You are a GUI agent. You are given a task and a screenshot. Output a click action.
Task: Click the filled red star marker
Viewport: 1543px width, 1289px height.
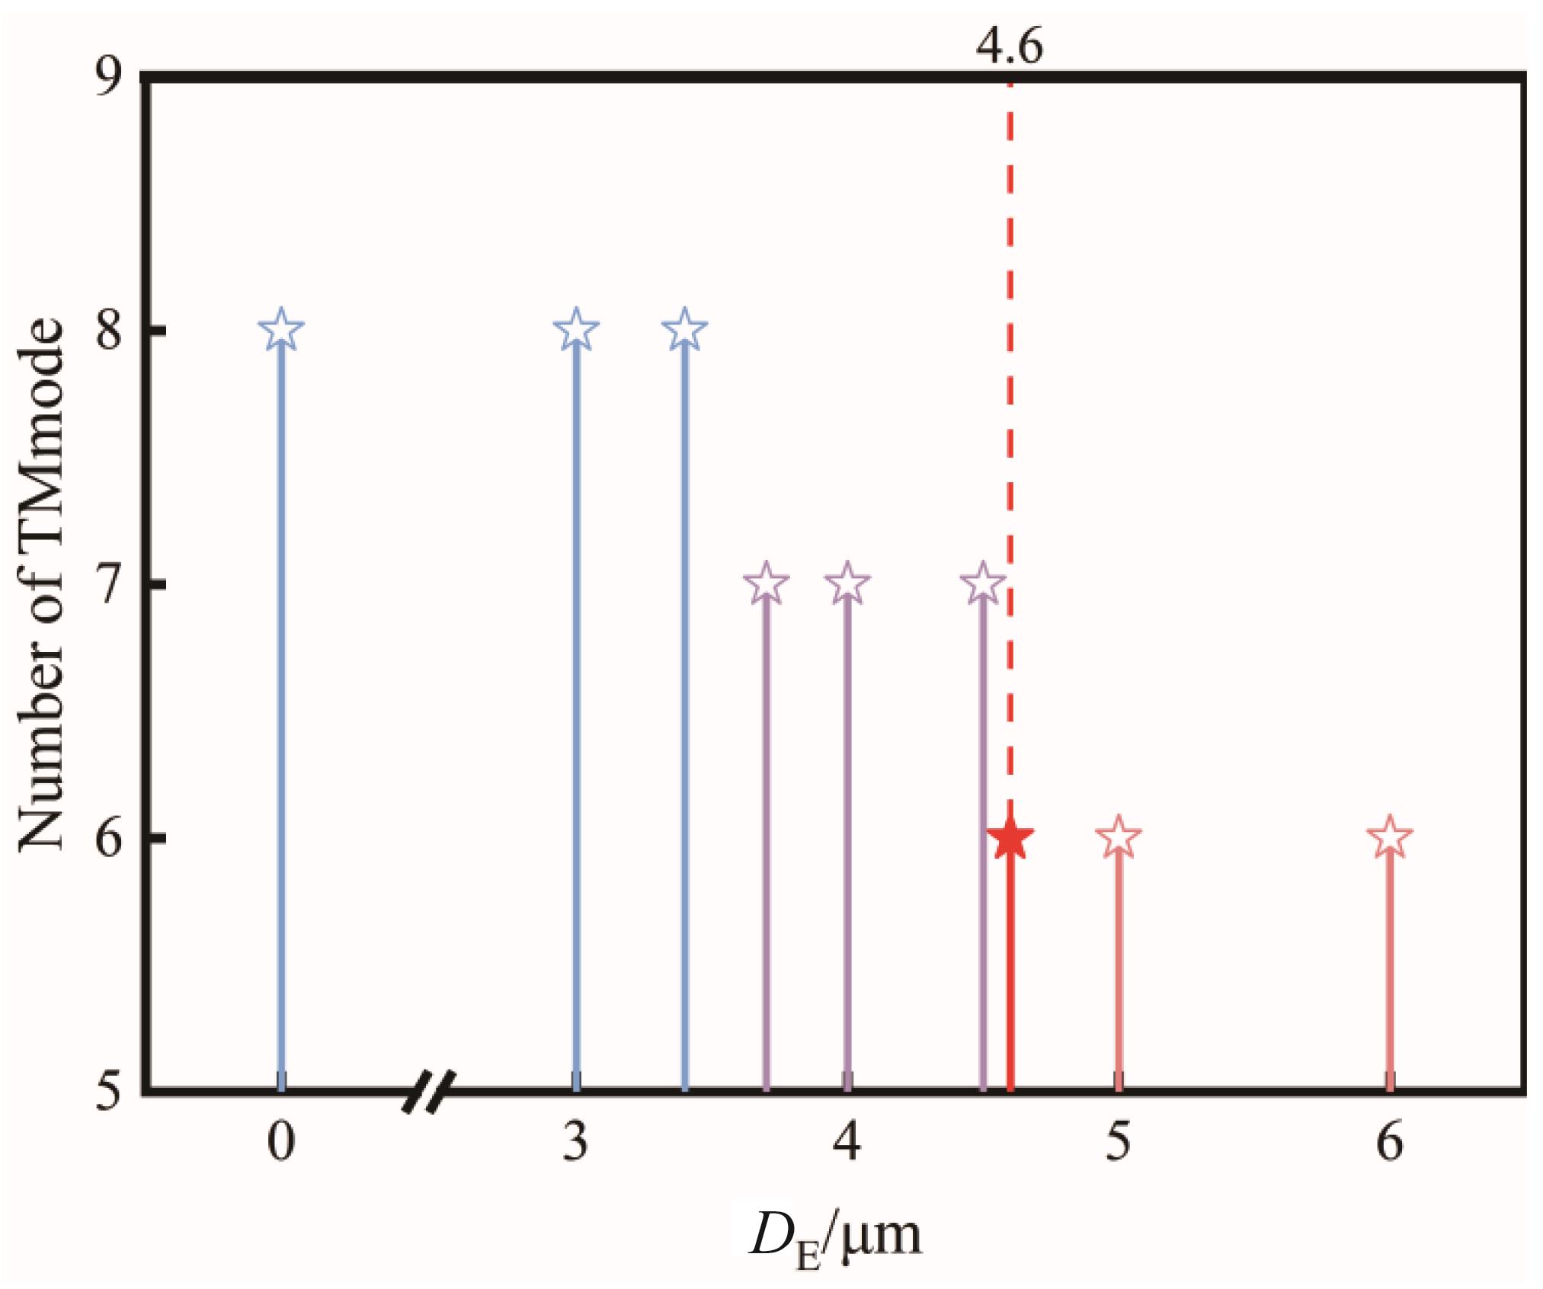[x=1009, y=839]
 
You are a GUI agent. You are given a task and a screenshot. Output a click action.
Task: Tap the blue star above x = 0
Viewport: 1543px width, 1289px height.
[x=281, y=330]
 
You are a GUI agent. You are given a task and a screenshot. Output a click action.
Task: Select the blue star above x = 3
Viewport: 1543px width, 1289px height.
[x=576, y=330]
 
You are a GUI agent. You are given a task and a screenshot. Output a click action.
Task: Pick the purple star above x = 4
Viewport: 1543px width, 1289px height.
[x=847, y=584]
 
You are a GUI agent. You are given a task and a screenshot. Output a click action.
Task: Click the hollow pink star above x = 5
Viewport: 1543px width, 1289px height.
[x=1118, y=837]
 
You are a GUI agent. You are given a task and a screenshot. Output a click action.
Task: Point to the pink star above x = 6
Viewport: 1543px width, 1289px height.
[x=1389, y=837]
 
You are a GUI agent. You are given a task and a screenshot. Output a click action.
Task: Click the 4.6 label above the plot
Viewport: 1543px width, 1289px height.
[x=1009, y=47]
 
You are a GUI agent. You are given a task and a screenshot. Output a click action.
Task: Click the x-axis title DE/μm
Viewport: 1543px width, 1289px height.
[x=835, y=1238]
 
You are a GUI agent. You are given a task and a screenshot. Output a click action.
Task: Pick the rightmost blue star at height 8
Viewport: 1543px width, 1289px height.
[x=684, y=330]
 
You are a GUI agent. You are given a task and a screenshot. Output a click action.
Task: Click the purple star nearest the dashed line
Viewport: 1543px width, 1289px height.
[x=981, y=584]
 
